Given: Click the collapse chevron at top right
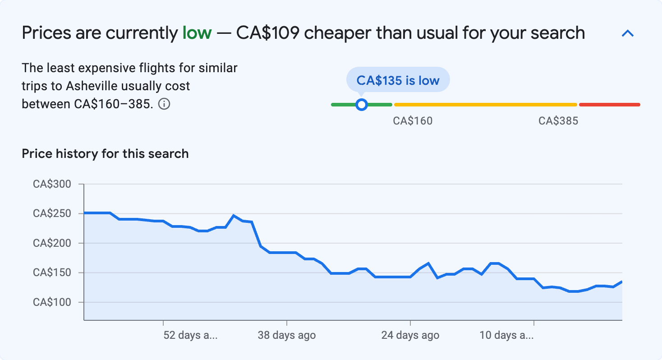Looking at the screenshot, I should [628, 33].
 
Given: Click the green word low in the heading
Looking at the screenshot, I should [197, 33].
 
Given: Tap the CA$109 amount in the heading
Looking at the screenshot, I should [267, 33].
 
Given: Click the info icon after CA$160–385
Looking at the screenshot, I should [165, 104].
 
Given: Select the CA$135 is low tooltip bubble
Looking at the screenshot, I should [398, 80].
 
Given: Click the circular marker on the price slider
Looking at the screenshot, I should [361, 105].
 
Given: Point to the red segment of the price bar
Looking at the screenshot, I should [609, 105].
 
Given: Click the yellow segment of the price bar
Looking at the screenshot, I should [485, 105].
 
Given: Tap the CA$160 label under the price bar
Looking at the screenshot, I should [413, 121].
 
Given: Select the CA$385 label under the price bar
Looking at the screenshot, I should [558, 121].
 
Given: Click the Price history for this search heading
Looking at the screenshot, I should [105, 154].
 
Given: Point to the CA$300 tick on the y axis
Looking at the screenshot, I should [52, 184].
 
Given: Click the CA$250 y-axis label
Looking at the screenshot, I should [52, 213].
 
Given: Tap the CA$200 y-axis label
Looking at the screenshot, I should [52, 243].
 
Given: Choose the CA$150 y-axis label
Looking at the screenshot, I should [52, 272].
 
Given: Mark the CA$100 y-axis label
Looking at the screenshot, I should [52, 302].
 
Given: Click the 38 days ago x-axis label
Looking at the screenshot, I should [287, 335].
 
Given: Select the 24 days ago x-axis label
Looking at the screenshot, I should [410, 335].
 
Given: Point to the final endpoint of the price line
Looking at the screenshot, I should [622, 282].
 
